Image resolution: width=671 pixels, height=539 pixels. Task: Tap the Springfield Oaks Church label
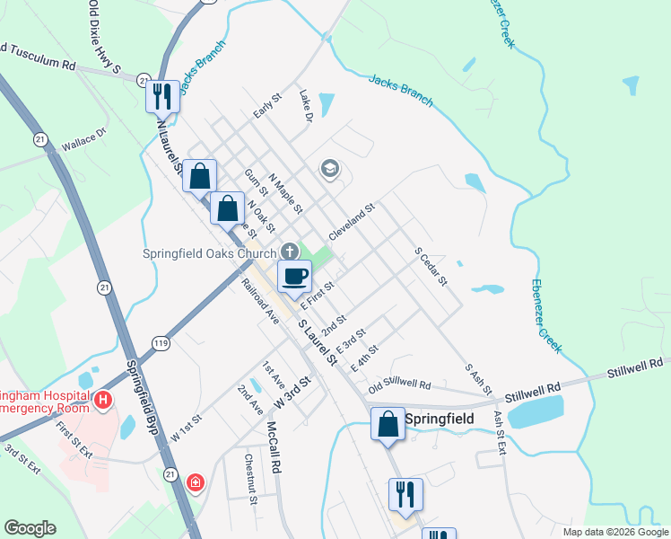point(210,252)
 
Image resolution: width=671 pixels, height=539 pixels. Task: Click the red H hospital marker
point(104,399)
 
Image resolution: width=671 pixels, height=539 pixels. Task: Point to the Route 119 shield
point(161,343)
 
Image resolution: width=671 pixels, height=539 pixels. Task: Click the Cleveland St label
point(351,220)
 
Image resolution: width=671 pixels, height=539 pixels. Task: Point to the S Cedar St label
point(431,267)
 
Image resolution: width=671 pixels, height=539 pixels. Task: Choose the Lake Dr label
point(305,105)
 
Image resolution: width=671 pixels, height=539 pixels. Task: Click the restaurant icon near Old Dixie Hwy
point(162,94)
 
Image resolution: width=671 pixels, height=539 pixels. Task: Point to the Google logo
point(29,528)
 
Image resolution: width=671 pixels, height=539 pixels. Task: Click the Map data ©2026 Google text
point(615,532)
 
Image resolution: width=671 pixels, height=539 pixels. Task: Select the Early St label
point(267,106)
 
